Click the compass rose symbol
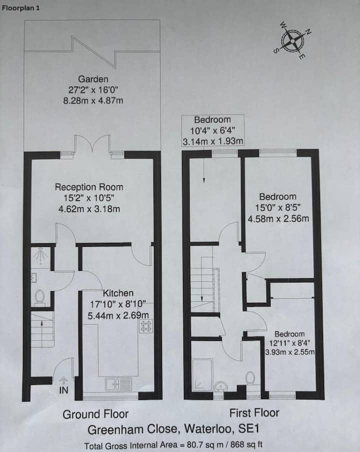(292, 41)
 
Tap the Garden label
(93, 79)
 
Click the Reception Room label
(89, 187)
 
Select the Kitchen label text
(118, 293)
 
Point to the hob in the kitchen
(145, 326)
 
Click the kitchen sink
(118, 384)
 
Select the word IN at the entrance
(63, 390)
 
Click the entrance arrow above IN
(63, 380)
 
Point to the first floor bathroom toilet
(250, 378)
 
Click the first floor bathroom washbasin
(221, 386)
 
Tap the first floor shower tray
(202, 375)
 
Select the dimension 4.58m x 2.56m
(278, 219)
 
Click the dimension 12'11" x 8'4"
(289, 343)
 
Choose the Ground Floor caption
(95, 414)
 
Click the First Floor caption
(254, 413)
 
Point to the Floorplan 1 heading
(20, 8)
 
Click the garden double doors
(92, 144)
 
